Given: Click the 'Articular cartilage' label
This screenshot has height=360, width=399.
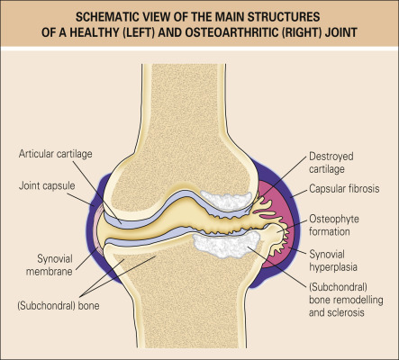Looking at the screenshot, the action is coord(56,154).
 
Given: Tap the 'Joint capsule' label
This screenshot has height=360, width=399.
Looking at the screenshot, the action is coord(47,185).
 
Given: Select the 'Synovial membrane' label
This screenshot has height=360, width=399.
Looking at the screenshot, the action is coord(50,265).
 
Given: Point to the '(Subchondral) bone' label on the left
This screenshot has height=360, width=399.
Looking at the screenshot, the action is coord(59,306).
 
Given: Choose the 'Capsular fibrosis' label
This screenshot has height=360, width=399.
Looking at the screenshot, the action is coord(344,189).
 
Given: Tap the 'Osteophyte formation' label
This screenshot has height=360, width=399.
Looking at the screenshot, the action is coord(334,225).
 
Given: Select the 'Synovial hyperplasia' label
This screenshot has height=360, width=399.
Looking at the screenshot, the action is coord(333,261).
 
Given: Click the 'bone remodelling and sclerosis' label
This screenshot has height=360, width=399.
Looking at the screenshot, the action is coord(346,306).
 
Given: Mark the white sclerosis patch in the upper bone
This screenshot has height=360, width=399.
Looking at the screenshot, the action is coord(226,199).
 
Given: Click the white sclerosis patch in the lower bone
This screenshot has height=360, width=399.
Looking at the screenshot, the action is coord(226,244).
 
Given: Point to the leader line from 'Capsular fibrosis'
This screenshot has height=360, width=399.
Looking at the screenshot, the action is coord(298,193).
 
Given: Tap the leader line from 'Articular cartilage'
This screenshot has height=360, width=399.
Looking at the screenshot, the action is coord(97,192).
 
